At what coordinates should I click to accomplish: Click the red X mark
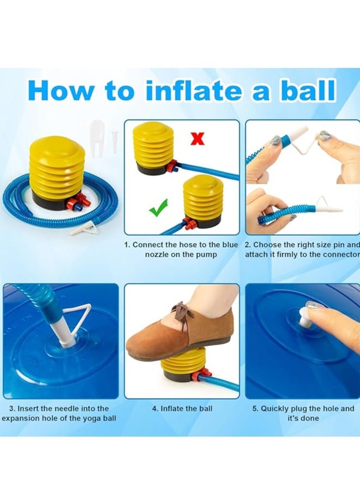(197, 139)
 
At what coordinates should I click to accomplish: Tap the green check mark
(159, 208)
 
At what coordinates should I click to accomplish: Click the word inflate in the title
(194, 90)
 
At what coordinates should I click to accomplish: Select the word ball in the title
(306, 90)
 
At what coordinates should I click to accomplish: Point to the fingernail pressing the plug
(312, 304)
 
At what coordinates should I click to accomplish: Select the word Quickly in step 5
(275, 409)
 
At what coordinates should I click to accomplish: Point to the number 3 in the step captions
(11, 409)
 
